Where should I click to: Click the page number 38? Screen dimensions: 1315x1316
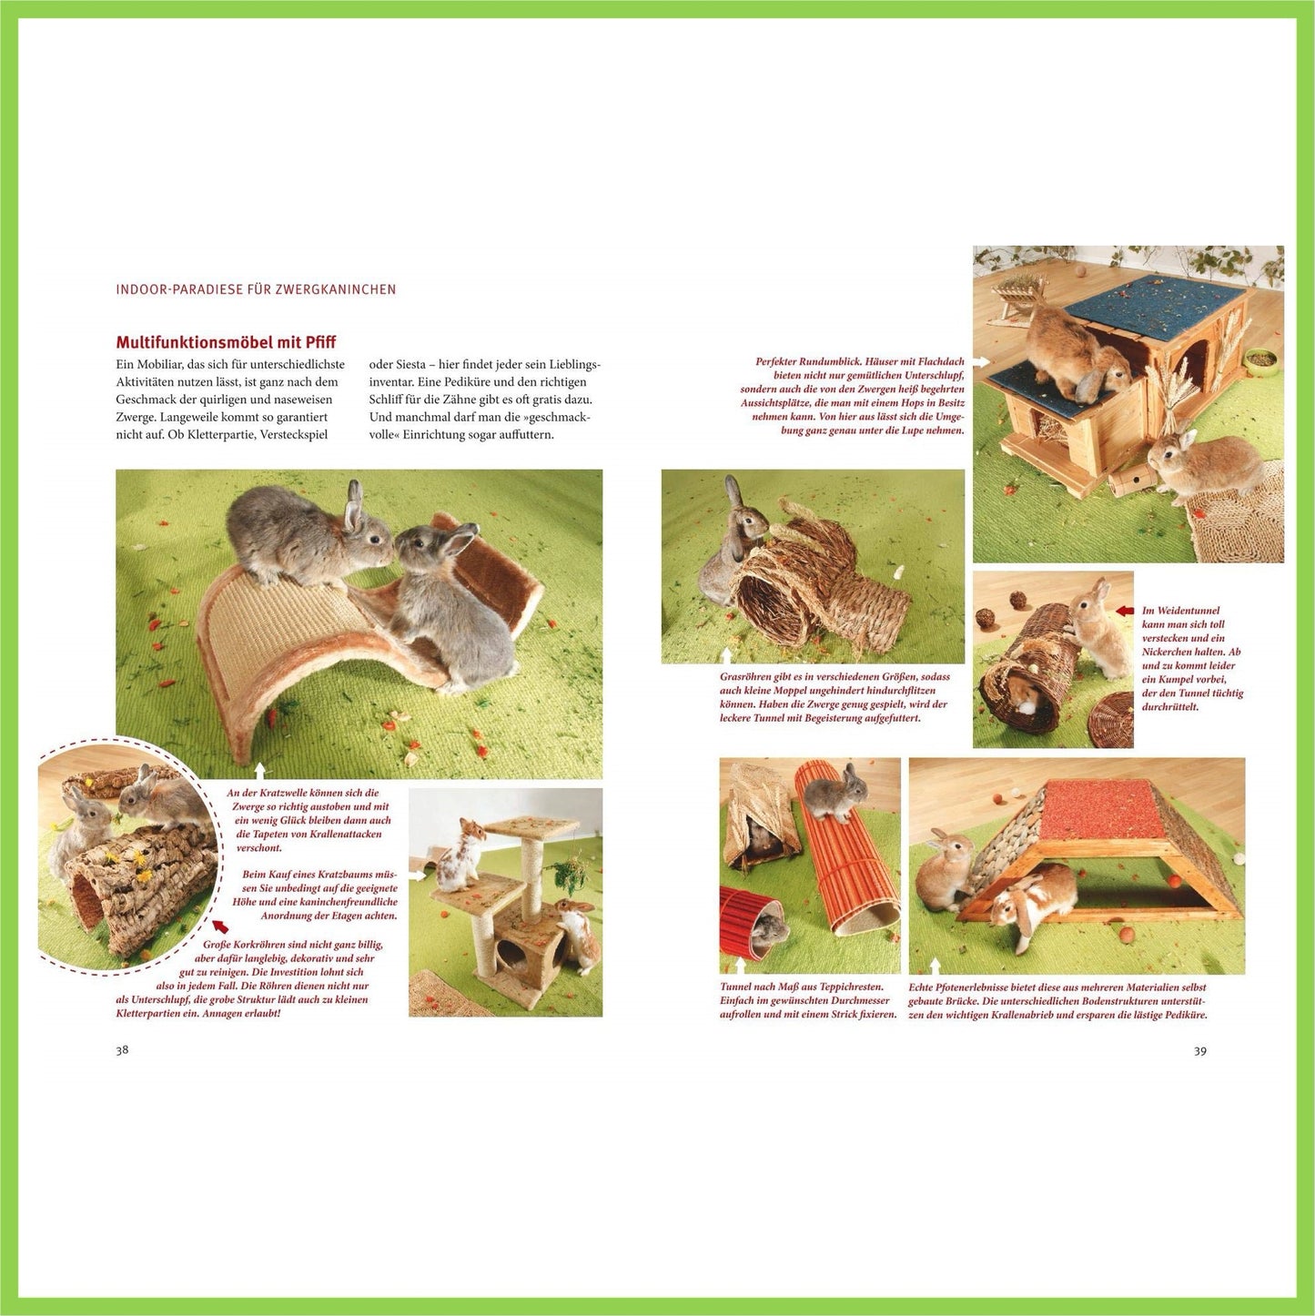point(122,1050)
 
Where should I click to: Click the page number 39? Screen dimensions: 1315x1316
point(1200,1051)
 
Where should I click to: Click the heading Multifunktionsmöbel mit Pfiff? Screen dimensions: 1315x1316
point(226,342)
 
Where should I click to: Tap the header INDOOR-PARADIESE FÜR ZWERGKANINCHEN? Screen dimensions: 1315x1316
point(256,289)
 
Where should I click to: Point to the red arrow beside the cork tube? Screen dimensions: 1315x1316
point(220,926)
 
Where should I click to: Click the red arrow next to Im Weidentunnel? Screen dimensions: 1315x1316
point(1125,610)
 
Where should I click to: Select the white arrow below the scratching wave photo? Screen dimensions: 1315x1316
point(258,772)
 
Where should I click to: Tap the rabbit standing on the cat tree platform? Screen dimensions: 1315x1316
point(459,855)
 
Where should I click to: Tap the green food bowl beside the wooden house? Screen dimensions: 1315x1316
point(1260,359)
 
